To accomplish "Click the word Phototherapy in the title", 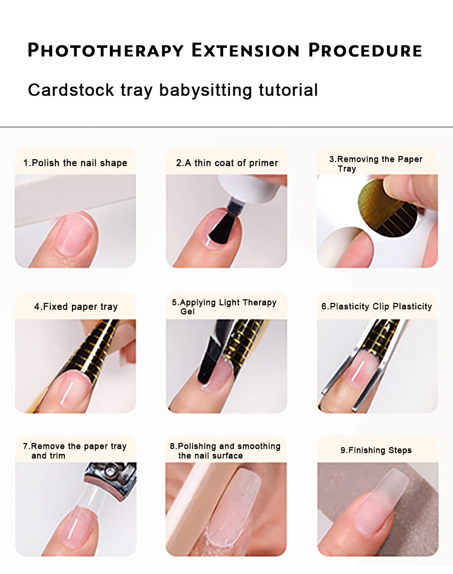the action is [x=106, y=50].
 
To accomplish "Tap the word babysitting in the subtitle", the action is [x=206, y=91].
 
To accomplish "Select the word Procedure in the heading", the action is [x=365, y=50].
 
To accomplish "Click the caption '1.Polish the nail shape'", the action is [x=75, y=163].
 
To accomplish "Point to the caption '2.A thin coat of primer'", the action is [x=227, y=163].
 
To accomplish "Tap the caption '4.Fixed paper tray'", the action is [x=76, y=306].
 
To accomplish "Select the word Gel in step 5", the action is [x=188, y=311].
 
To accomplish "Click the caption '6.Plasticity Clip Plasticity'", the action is [x=376, y=306].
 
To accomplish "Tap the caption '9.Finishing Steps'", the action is [x=376, y=450].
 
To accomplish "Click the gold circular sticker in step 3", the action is [x=387, y=208].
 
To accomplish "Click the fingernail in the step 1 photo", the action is [x=75, y=233].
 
